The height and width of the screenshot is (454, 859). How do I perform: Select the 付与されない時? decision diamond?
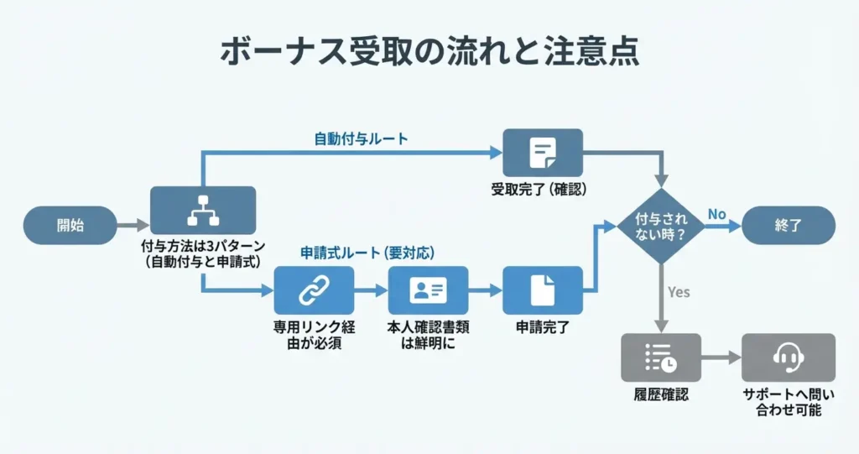pyautogui.click(x=662, y=225)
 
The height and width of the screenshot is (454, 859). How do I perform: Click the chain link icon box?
pyautogui.click(x=315, y=290)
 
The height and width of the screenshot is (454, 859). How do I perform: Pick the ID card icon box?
pyautogui.click(x=428, y=290)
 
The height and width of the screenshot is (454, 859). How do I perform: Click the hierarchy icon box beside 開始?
pyautogui.click(x=202, y=210)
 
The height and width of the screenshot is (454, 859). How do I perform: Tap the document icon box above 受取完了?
pyautogui.click(x=542, y=152)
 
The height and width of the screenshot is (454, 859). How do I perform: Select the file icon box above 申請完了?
pyautogui.click(x=542, y=290)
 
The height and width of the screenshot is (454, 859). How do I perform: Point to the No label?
pyautogui.click(x=716, y=214)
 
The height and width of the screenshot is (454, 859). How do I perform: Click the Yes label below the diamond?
pyautogui.click(x=679, y=292)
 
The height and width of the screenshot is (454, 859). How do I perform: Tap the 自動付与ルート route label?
pyautogui.click(x=362, y=138)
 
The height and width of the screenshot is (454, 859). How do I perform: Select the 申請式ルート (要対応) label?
pyautogui.click(x=367, y=252)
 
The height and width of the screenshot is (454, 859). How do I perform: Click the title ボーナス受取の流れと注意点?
pyautogui.click(x=429, y=51)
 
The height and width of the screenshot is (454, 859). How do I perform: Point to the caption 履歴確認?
pyautogui.click(x=661, y=394)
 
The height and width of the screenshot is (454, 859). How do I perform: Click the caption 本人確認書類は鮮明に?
pyautogui.click(x=428, y=335)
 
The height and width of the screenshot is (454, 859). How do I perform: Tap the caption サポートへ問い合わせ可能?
pyautogui.click(x=788, y=402)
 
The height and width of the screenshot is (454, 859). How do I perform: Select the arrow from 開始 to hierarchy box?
pyautogui.click(x=132, y=225)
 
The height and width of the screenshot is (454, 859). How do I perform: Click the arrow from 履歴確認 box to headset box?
pyautogui.click(x=721, y=357)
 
